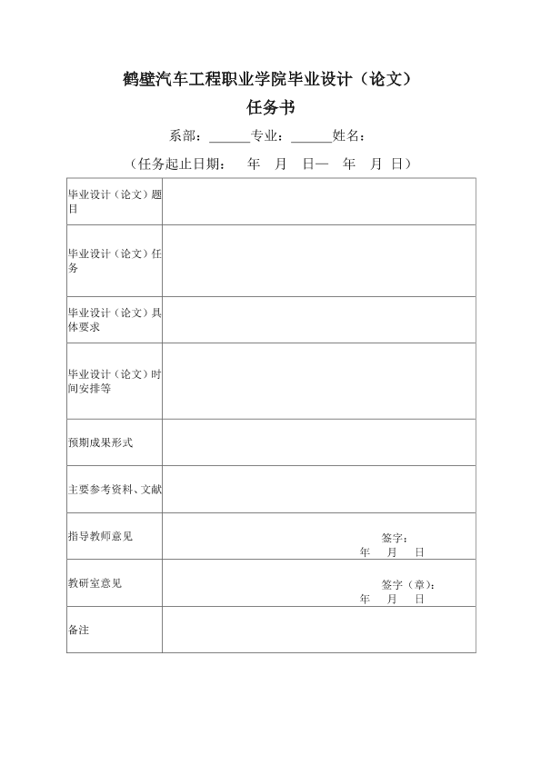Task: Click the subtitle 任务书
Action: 270,107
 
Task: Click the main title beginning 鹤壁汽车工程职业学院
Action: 270,78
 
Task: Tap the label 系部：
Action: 188,136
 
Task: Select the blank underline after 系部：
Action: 229,137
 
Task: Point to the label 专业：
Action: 270,136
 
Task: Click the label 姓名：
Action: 350,136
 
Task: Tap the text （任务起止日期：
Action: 177,164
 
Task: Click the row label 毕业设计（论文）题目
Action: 115,202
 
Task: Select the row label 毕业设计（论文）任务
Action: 115,261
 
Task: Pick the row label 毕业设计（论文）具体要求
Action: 115,320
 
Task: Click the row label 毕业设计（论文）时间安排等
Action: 115,381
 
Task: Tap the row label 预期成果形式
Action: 100,442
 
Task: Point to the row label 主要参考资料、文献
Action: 115,489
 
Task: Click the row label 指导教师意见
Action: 100,536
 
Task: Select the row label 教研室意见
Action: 95,582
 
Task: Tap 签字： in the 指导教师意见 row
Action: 395,538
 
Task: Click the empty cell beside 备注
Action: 318,630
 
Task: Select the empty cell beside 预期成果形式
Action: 318,442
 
